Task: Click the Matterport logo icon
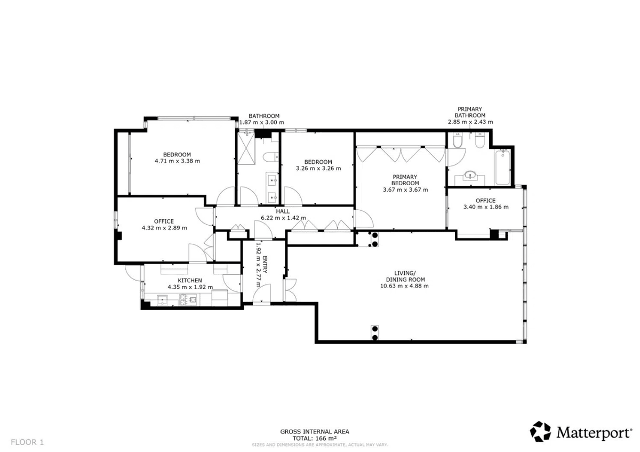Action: [540, 431]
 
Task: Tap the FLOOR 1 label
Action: [27, 442]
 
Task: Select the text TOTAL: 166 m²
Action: [315, 438]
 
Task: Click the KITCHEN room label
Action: [190, 281]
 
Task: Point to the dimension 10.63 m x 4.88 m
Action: [404, 286]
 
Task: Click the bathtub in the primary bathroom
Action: [502, 167]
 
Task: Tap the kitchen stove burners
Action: [188, 299]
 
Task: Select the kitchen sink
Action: [162, 300]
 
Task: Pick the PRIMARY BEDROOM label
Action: [405, 180]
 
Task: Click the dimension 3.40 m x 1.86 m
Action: [486, 207]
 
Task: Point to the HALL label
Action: [283, 211]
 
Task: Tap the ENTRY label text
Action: [265, 265]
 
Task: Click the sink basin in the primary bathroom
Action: [470, 175]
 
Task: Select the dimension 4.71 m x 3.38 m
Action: [177, 161]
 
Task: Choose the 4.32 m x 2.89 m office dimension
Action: [164, 228]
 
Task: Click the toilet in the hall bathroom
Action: [270, 157]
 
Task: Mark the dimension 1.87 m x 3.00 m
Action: [262, 123]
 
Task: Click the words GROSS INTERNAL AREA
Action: [315, 432]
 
